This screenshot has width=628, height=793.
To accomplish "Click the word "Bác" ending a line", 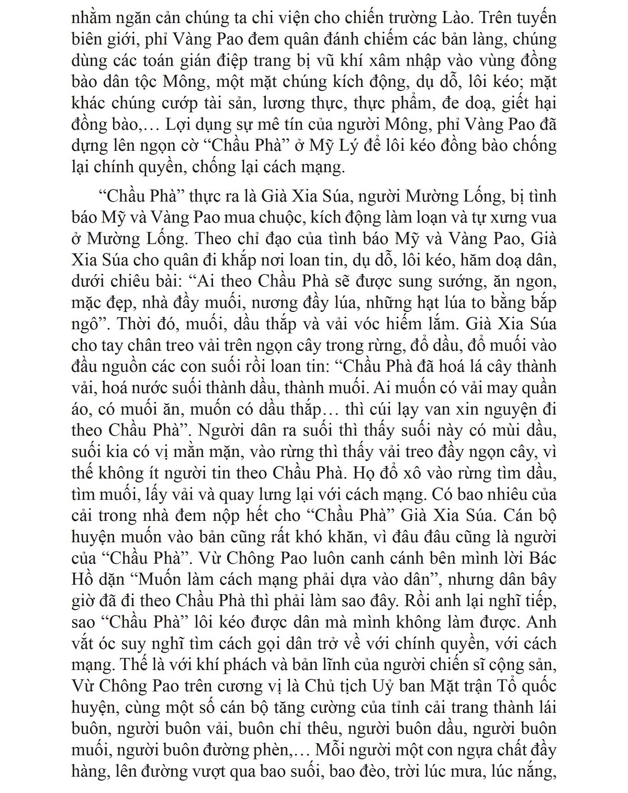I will click(541, 558).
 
